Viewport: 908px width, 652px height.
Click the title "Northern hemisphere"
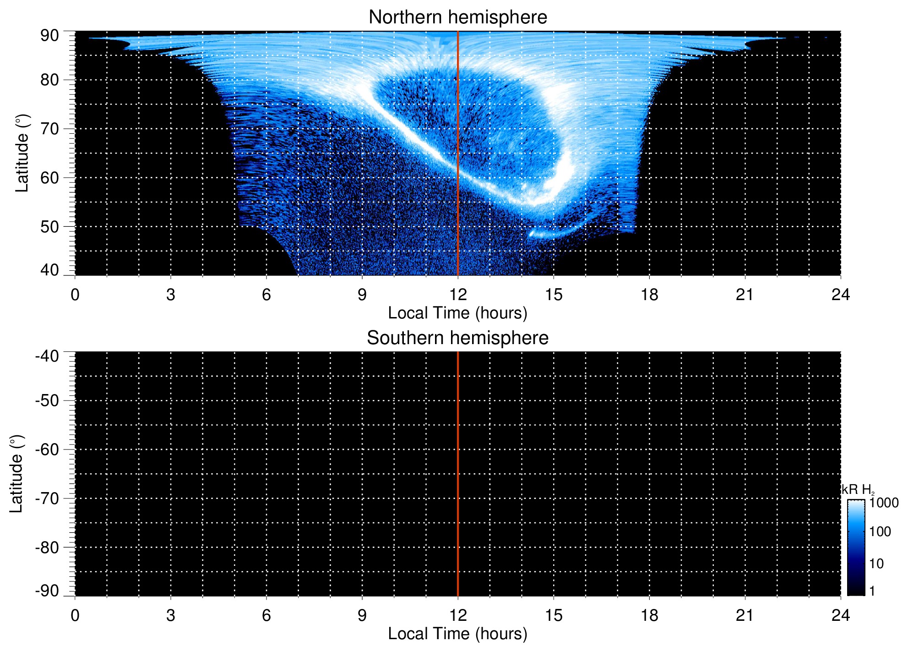[x=457, y=17]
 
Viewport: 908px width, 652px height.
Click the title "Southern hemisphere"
[x=457, y=338]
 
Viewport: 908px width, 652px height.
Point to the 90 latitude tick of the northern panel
[x=49, y=36]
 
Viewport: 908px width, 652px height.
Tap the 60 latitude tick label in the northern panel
[x=49, y=178]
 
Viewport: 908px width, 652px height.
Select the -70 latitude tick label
[x=47, y=499]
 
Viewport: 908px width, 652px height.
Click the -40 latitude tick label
[x=47, y=356]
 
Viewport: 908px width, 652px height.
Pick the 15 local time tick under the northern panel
[x=554, y=295]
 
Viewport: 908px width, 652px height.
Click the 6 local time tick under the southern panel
[x=266, y=615]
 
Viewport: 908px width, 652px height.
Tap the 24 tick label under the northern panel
[x=840, y=295]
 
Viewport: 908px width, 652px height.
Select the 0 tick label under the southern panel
[x=75, y=615]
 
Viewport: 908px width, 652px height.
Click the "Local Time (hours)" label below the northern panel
[x=457, y=313]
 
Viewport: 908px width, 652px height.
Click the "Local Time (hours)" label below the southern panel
[x=457, y=634]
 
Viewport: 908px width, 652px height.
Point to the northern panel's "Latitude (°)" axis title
[x=22, y=153]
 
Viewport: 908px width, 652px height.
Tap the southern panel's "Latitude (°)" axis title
[x=16, y=474]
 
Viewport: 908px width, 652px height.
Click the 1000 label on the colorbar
[x=884, y=503]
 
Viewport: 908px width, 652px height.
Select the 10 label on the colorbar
[x=876, y=564]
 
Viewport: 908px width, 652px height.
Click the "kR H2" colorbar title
[x=858, y=490]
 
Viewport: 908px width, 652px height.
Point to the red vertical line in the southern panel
[x=458, y=474]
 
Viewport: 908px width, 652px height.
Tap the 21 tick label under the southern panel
[x=745, y=615]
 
